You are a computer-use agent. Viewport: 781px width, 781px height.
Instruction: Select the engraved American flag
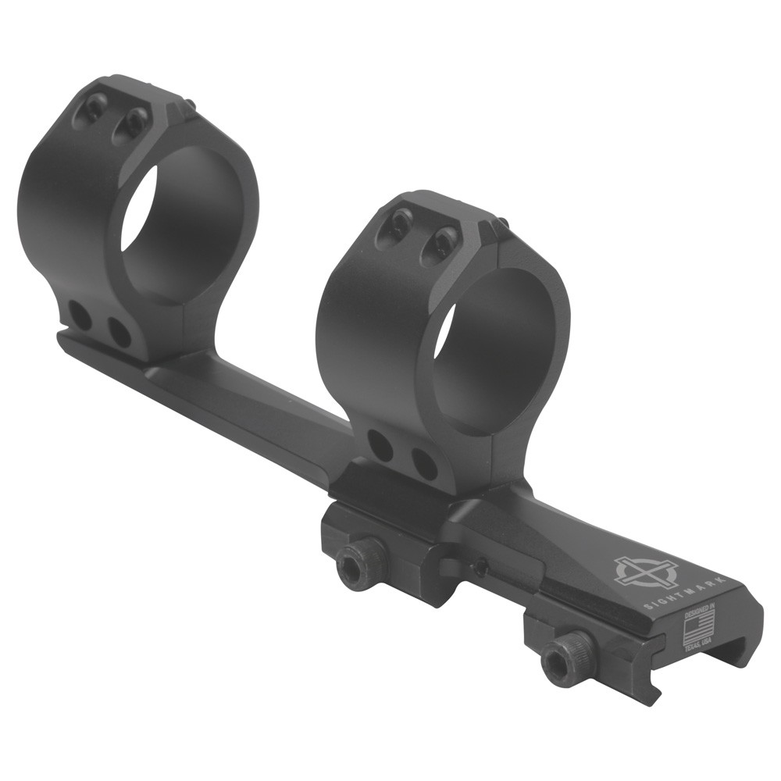pyautogui.click(x=700, y=629)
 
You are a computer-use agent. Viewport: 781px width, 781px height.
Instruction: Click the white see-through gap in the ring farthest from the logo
pyautogui.click(x=138, y=207)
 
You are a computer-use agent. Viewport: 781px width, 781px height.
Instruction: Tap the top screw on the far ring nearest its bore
pyautogui.click(x=136, y=121)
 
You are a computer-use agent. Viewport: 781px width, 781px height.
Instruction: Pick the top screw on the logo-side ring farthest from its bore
pyautogui.click(x=400, y=223)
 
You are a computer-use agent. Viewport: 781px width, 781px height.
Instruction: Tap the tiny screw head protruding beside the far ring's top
pyautogui.click(x=189, y=103)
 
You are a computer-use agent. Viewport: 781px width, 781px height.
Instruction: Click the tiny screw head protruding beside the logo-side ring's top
pyautogui.click(x=501, y=223)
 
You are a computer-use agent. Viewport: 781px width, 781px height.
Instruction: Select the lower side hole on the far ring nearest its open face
pyautogui.click(x=119, y=333)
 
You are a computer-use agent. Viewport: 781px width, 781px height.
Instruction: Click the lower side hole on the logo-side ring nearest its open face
pyautogui.click(x=425, y=464)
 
